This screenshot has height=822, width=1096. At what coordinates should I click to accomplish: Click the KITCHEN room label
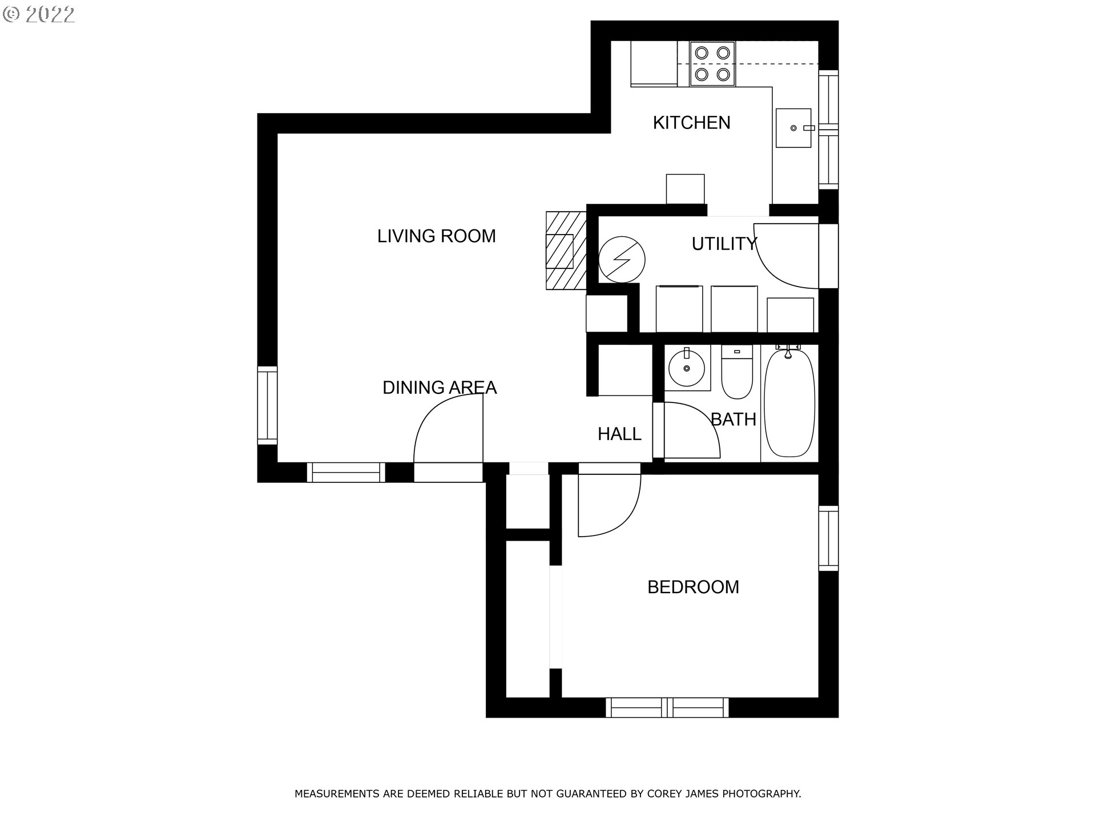(691, 123)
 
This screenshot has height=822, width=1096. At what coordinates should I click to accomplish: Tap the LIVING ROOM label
(437, 236)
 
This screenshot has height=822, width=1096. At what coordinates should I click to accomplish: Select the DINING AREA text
(440, 388)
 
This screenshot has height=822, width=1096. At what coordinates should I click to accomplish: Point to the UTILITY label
(724, 244)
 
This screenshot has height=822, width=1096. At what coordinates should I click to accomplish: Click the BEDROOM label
(693, 587)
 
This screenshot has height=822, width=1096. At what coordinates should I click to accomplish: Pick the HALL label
(619, 434)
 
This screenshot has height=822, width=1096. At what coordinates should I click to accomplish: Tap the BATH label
(734, 420)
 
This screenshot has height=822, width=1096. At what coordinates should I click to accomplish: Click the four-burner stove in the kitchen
(712, 63)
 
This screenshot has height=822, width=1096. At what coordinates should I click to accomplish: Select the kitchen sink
(793, 128)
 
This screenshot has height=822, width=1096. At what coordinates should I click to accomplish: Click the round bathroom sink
(687, 368)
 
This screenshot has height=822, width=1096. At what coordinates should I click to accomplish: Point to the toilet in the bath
(737, 372)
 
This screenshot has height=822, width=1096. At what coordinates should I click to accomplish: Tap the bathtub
(789, 402)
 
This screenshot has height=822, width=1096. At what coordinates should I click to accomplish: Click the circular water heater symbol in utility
(622, 260)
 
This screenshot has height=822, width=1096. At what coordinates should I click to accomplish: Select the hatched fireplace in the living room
(566, 250)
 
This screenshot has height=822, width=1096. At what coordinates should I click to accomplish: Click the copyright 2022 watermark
(39, 15)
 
